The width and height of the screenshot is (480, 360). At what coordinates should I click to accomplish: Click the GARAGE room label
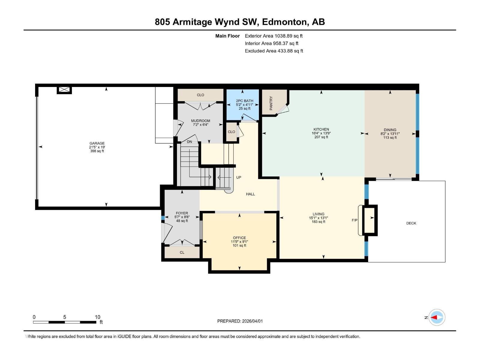[x=97, y=143]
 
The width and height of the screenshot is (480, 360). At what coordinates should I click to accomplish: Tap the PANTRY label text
[x=271, y=103]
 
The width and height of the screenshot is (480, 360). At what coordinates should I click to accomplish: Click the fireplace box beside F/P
[x=370, y=220]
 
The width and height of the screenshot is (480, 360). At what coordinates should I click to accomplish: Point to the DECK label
[x=411, y=223]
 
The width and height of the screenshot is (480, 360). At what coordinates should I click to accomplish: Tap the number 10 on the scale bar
[x=97, y=317]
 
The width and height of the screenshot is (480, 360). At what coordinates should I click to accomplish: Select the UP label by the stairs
[x=238, y=177]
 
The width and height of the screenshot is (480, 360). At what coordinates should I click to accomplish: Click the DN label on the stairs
[x=189, y=142]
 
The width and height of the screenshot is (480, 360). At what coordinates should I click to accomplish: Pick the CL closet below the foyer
[x=182, y=252]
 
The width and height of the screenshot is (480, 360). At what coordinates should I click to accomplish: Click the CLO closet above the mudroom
[x=200, y=95]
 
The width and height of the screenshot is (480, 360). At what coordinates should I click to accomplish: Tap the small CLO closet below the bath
[x=231, y=132]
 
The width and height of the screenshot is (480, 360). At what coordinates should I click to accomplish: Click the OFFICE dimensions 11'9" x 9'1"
[x=239, y=241]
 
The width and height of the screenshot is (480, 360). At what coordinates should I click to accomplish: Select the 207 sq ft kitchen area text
[x=321, y=137]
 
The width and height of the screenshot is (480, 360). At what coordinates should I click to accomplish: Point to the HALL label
[x=250, y=194]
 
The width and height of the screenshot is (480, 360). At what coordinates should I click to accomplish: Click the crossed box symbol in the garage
[x=64, y=90]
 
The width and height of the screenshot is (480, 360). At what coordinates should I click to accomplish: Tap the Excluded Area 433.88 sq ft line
[x=274, y=51]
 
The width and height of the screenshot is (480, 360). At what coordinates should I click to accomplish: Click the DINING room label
[x=390, y=130]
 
